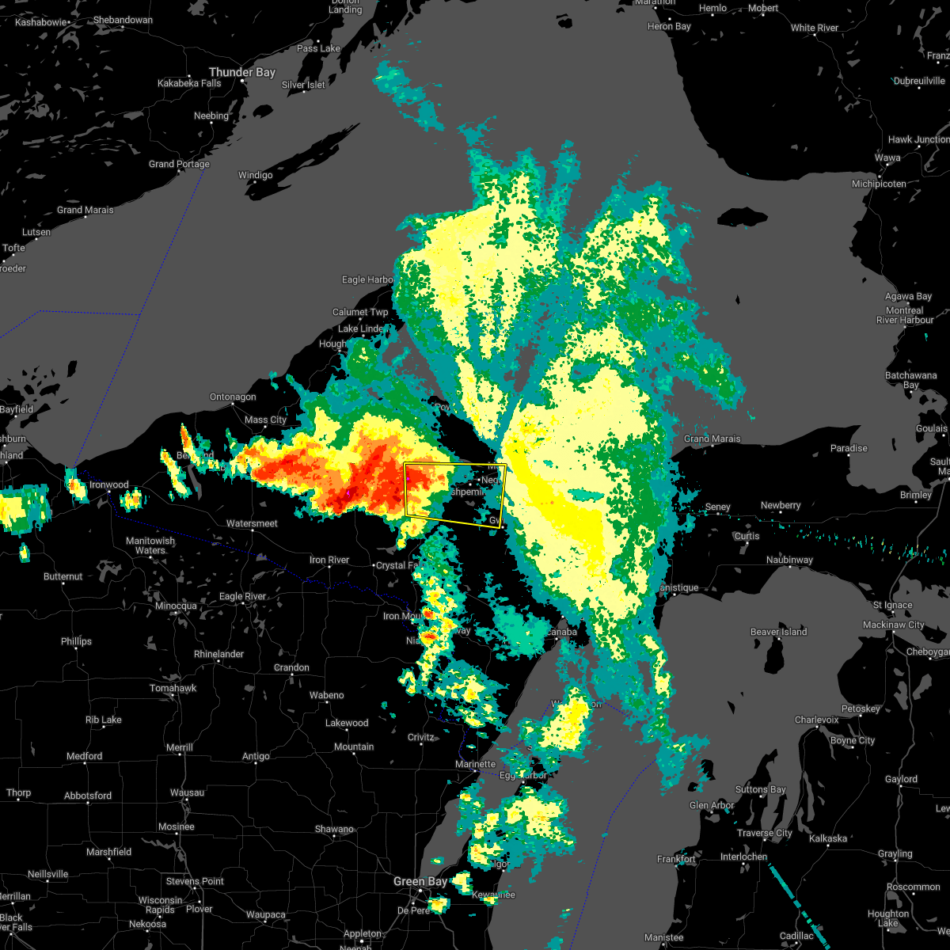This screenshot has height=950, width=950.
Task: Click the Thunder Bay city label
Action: click(x=241, y=72)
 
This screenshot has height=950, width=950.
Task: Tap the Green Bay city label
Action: click(x=420, y=881)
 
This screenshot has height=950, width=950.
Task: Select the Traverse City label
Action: click(x=765, y=833)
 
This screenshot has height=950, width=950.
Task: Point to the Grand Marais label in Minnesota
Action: click(x=85, y=210)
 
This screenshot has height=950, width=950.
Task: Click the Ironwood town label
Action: click(x=108, y=484)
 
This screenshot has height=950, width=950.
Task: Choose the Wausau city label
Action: click(x=187, y=792)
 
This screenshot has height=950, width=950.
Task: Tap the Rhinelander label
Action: click(x=218, y=654)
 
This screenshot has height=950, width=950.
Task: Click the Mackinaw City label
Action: click(x=894, y=625)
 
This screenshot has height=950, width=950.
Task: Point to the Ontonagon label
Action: click(x=233, y=397)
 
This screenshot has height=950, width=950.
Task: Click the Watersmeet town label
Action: click(x=252, y=523)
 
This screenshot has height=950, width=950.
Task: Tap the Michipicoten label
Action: click(x=879, y=184)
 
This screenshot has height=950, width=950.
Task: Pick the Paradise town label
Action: click(x=849, y=448)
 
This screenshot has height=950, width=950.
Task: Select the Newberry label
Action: click(x=781, y=505)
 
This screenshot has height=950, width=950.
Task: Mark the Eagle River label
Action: click(x=242, y=596)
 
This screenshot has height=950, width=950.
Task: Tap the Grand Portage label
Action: click(x=179, y=164)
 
